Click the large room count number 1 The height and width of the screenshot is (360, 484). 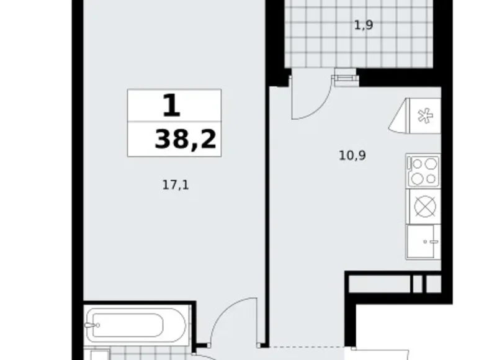tap(171, 106)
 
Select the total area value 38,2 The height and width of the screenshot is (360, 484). tap(186, 140)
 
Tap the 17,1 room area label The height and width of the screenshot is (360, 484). tap(175, 184)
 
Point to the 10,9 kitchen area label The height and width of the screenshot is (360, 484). tap(352, 156)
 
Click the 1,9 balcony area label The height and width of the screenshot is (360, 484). tap(364, 26)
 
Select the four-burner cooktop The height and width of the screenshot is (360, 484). tap(423, 171)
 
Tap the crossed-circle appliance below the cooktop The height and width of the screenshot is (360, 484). tap(423, 207)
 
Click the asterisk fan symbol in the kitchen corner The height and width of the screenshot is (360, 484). tap(424, 115)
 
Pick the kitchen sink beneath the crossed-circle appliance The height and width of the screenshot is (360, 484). tap(423, 242)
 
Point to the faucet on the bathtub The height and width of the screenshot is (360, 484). tap(94, 323)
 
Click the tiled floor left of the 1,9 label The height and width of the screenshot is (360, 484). tap(310, 31)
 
